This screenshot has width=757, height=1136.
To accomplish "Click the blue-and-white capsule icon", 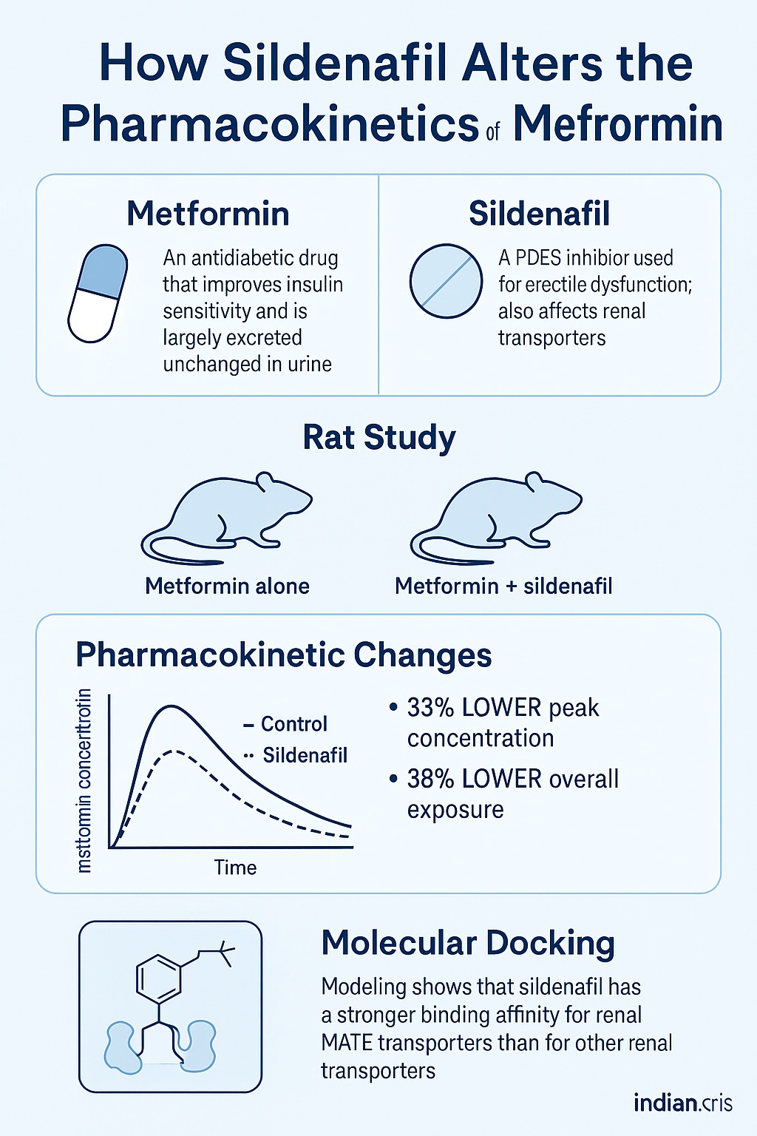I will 98,293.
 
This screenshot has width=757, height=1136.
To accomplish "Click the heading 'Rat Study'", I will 378,437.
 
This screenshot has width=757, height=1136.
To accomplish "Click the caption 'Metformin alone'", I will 227,586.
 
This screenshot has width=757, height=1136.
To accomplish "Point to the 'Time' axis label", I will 235,868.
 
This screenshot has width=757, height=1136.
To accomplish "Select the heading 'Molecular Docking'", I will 468,944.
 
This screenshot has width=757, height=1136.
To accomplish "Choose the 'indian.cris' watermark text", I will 682,1103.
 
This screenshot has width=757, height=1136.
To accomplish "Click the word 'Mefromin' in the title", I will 618,124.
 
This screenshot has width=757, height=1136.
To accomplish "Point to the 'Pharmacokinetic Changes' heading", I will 284,655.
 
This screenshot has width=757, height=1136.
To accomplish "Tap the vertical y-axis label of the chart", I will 84,780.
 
